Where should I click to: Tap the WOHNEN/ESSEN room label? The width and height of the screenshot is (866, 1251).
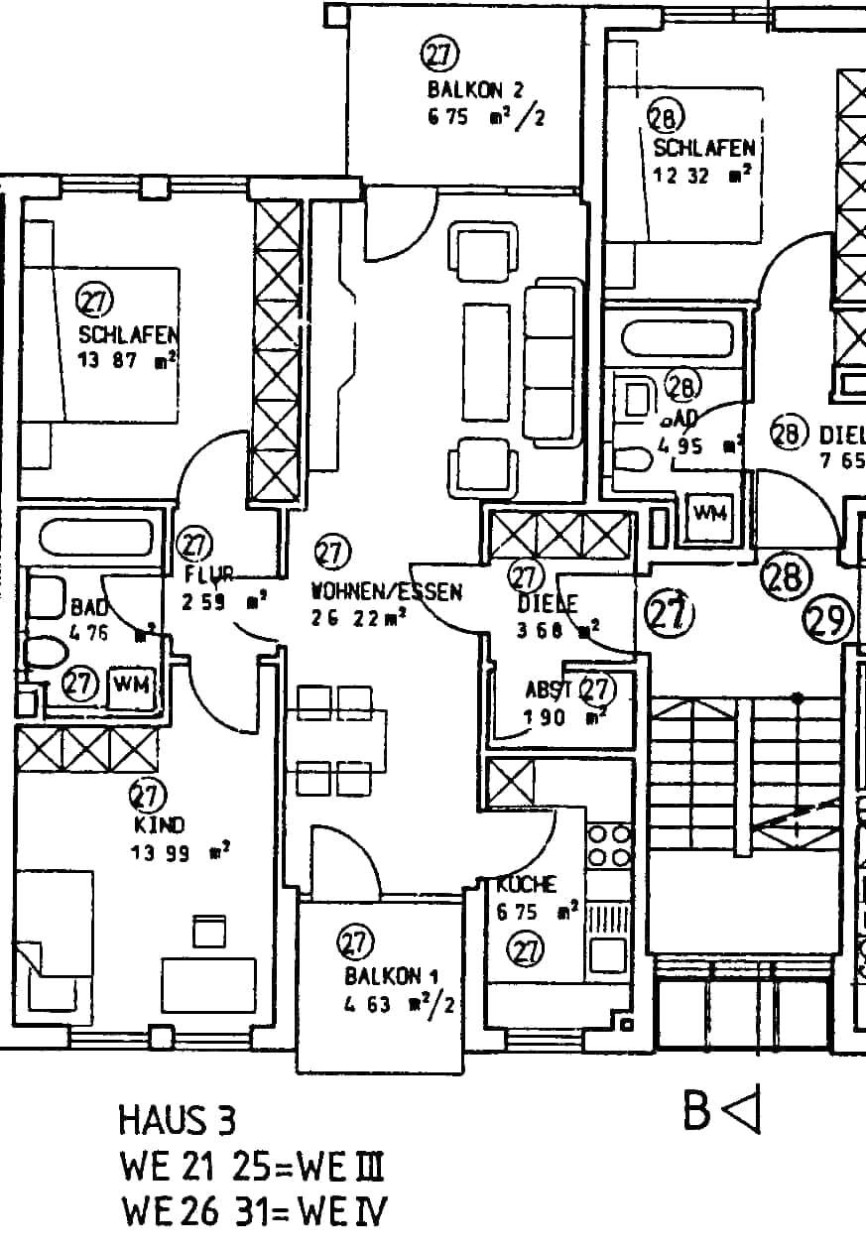(x=387, y=592)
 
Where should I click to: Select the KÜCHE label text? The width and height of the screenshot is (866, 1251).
(x=527, y=884)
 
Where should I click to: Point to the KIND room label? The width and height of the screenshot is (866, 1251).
(x=159, y=824)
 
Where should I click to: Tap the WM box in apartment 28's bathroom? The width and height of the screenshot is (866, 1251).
(x=710, y=512)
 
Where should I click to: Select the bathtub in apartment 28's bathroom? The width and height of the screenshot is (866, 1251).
(x=678, y=338)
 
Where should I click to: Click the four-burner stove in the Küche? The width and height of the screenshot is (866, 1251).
(x=609, y=844)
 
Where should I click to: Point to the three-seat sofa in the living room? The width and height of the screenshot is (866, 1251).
(x=552, y=363)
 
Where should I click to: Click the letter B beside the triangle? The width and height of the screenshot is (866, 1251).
(x=697, y=1110)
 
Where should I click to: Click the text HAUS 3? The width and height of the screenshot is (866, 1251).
(x=178, y=1121)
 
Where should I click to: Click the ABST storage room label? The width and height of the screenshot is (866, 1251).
(x=550, y=691)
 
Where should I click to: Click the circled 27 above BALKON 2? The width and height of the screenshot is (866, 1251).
(x=437, y=55)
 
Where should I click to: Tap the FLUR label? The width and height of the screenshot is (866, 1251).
(x=208, y=574)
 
